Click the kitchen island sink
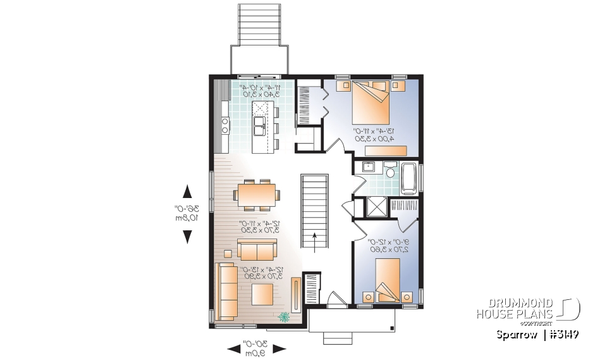(259, 126)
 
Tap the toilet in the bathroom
(390, 172)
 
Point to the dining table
(256, 192)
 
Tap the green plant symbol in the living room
(285, 316)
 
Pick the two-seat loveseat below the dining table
(256, 250)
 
